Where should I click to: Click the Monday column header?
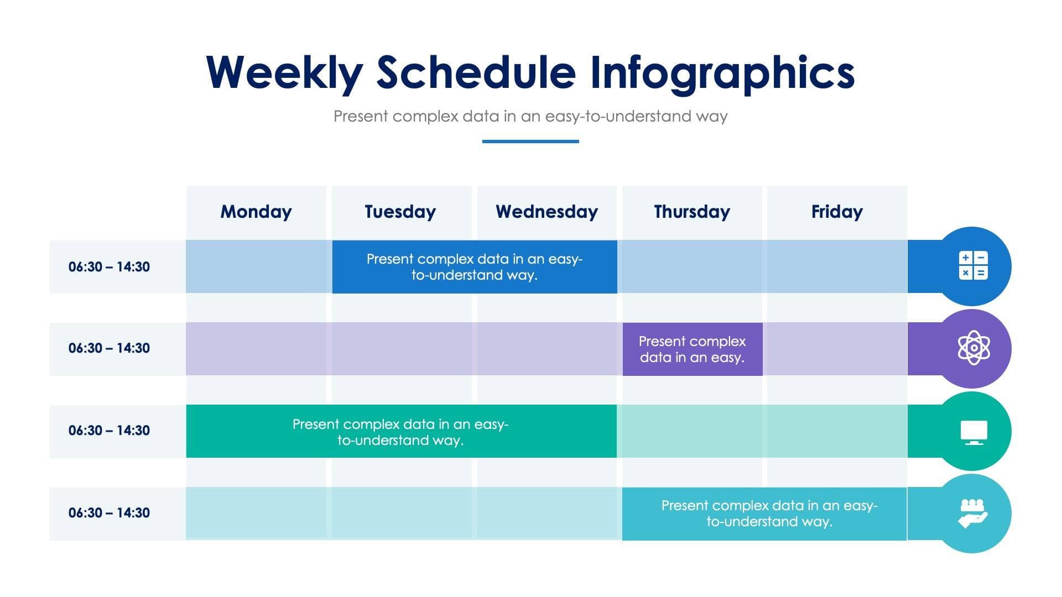[256, 212]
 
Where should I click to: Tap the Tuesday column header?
[400, 212]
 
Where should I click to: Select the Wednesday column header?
[546, 212]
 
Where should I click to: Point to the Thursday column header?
[691, 212]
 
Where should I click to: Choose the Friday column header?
[836, 212]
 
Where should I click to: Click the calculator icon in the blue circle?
[973, 266]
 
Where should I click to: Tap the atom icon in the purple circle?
[973, 348]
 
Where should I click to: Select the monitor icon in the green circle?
[973, 432]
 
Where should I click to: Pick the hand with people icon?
[973, 514]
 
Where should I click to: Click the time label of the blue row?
[109, 267]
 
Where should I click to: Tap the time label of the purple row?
[109, 348]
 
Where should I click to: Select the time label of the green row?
[109, 431]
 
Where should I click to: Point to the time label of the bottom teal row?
[109, 513]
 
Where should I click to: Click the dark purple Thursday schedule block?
[692, 349]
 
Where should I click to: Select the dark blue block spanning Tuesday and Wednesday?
[474, 267]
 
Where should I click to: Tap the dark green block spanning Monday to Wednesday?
[400, 432]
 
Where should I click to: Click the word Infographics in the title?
[722, 73]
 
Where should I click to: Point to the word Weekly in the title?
[284, 73]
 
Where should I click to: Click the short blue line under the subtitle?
[530, 142]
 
